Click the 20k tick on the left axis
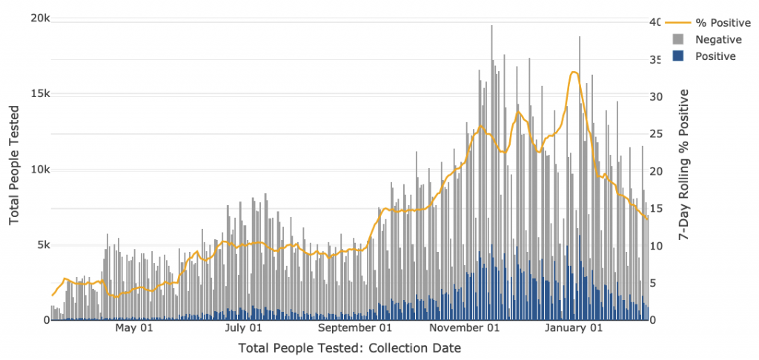34,19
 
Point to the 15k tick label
34,94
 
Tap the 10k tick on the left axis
34,170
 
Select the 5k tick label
37,245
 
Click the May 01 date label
135,327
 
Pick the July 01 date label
244,327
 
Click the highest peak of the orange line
574,72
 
